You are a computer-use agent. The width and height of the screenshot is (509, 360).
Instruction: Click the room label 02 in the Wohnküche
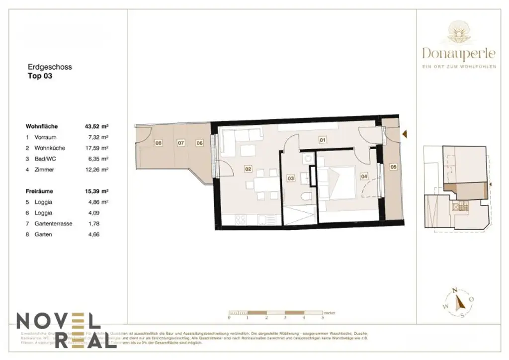point(248,169)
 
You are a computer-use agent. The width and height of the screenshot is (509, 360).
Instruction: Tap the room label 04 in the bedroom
point(364,176)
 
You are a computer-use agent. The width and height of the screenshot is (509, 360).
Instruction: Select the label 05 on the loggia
point(393,167)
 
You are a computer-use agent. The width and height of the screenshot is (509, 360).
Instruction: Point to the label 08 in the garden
point(159,143)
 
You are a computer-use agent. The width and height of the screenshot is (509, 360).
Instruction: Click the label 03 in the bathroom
point(291,178)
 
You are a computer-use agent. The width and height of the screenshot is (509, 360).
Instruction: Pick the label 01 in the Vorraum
point(322,140)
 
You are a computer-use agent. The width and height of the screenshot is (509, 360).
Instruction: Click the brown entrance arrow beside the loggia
point(405,134)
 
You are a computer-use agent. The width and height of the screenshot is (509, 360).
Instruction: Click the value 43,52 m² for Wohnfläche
point(96,126)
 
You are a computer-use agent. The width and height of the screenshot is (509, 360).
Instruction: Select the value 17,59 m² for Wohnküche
point(96,148)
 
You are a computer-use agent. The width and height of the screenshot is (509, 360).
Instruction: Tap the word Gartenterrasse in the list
point(53,224)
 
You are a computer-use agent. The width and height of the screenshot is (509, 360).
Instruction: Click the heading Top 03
point(39,77)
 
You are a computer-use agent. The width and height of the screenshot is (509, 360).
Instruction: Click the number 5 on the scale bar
point(323,317)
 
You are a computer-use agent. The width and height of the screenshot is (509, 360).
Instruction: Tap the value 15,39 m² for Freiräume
point(96,191)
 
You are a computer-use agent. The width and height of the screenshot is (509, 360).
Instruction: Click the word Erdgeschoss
point(50,67)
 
